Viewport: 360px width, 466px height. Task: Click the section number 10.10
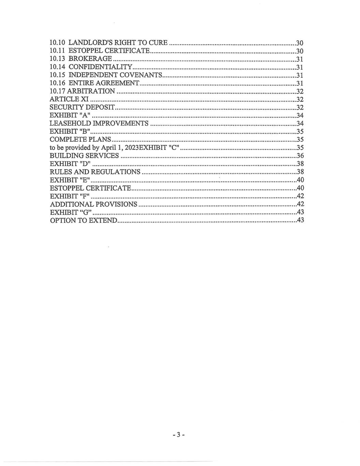57,43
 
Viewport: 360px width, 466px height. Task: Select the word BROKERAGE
90,59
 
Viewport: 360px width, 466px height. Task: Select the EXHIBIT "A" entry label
70,115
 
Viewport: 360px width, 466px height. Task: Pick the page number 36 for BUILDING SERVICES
300,156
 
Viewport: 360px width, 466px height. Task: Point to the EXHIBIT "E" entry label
70,180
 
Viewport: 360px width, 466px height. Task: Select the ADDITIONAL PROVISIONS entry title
93,204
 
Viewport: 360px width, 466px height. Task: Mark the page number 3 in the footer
178,435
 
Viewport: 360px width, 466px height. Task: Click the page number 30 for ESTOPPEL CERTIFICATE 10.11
300,51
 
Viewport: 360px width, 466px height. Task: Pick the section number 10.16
57,83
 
